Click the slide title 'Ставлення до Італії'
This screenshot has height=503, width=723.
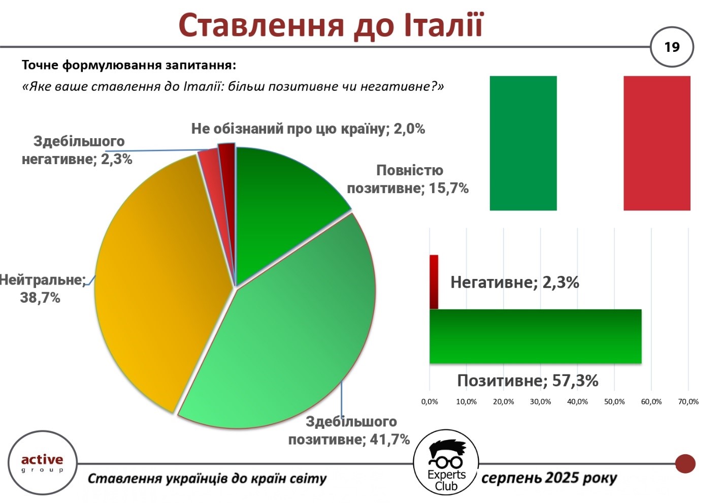point(331,26)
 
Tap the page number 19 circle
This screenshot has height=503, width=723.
point(672,47)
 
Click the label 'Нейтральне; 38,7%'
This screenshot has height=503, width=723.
point(42,289)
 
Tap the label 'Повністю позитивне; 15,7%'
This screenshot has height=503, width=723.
point(408,179)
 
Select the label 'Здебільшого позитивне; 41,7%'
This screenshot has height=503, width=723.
point(349,431)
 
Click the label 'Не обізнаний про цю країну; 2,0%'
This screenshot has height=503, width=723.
point(308,129)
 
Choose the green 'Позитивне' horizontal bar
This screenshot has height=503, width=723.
point(535,336)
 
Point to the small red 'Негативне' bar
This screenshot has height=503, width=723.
point(434,282)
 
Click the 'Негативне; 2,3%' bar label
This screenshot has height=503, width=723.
point(515,282)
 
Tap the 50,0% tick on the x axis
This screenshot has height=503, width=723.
point(614,402)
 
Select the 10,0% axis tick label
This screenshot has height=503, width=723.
point(467,402)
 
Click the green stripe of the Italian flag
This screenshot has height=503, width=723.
point(523,143)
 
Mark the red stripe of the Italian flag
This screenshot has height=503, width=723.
point(657,143)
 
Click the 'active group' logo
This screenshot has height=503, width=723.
point(42,463)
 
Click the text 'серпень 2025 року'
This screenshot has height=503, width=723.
point(549,478)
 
